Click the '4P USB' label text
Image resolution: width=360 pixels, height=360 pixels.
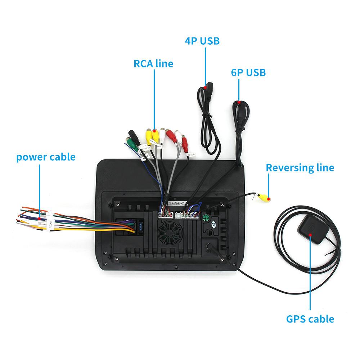point(202,41)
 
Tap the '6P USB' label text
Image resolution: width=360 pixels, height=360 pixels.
point(248,72)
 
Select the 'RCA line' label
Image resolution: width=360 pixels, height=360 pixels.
point(153,64)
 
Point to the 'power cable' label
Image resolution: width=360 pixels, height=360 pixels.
point(46,157)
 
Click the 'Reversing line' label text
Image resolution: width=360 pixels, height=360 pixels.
point(300,167)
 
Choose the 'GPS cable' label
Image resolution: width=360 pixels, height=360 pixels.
point(310,319)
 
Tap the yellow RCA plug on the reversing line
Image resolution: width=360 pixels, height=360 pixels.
point(265,197)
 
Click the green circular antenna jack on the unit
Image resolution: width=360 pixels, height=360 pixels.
point(206,218)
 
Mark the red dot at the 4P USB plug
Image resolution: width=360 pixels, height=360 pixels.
point(206,86)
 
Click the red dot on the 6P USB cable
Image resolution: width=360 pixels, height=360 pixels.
point(239,102)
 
